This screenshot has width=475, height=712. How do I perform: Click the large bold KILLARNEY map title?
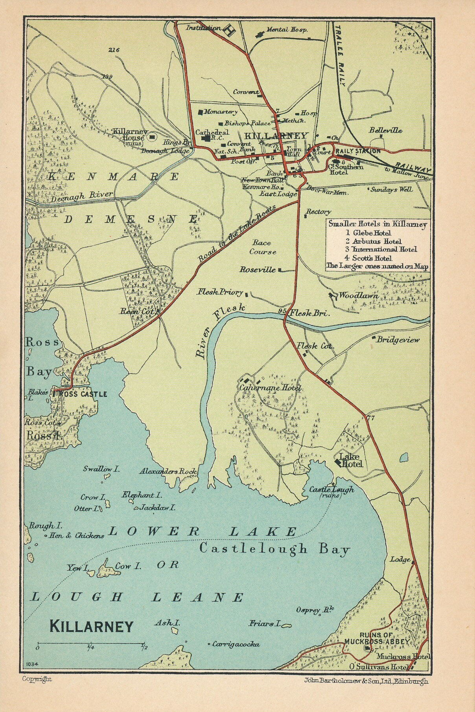pos(92,626)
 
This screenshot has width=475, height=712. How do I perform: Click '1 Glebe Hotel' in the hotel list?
pos(370,233)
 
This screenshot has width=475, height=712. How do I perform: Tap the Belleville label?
pos(385,130)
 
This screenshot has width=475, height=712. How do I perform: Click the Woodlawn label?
pos(358,295)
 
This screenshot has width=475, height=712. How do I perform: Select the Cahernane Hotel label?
pos(270,388)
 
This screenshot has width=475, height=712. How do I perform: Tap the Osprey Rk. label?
pos(315,610)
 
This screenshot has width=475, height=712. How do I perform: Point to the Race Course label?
pos(262,247)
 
